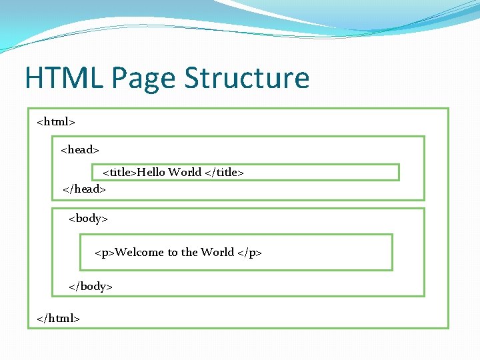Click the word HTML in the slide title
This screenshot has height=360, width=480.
63,78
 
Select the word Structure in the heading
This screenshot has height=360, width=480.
247,78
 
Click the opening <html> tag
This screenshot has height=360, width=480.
56,122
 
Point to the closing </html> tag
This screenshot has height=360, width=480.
59,319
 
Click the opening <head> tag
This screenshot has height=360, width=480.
80,149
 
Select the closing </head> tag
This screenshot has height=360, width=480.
84,189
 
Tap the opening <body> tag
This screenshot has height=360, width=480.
89,218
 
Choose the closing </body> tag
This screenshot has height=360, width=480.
91,286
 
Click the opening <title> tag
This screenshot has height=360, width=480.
120,172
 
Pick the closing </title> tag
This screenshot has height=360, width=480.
224,172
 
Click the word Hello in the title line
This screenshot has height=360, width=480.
151,172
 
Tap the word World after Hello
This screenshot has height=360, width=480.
185,172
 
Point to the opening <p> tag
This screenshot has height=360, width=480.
105,252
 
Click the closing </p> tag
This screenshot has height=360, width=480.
250,252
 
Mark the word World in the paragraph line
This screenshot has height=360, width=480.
217,252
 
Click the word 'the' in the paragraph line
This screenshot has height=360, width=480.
189,252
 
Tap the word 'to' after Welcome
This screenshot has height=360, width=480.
173,252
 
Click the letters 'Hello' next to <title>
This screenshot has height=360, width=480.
151,172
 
